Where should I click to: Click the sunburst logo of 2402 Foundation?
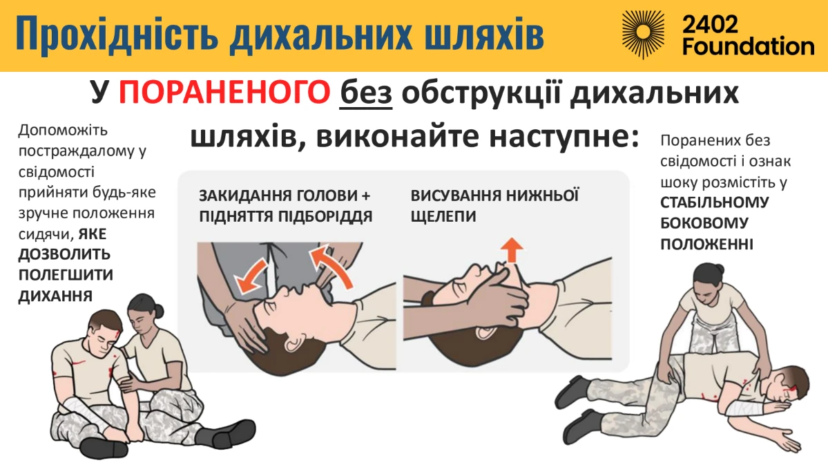point(644,32)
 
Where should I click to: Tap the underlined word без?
point(366,93)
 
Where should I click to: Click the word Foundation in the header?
point(749,46)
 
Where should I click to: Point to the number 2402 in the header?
point(710,23)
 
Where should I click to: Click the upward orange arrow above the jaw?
point(512,249)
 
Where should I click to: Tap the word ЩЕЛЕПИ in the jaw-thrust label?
point(443,216)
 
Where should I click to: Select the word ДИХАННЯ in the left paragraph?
point(55,296)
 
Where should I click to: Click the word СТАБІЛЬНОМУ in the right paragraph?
point(715,202)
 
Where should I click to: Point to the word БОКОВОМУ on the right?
point(704,223)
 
